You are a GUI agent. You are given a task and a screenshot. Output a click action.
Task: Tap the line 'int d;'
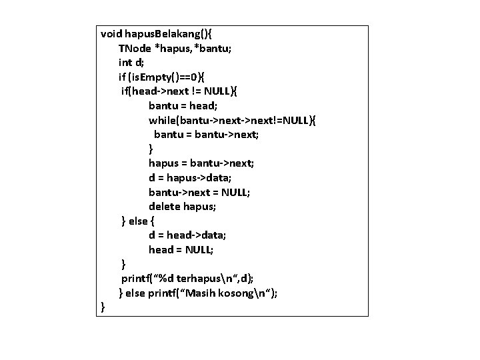131,63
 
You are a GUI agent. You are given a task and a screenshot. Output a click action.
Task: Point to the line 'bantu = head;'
183,105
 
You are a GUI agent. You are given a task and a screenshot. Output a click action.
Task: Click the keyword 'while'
163,120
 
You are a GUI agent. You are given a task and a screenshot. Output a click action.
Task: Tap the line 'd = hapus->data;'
190,177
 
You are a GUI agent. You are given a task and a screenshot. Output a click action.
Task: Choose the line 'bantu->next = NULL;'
199,192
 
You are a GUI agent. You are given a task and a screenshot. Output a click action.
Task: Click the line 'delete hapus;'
182,207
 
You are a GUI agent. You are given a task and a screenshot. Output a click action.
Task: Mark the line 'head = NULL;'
181,249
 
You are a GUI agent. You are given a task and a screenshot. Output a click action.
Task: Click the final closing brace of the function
103,307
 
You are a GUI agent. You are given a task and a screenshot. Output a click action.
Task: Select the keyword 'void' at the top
112,33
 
